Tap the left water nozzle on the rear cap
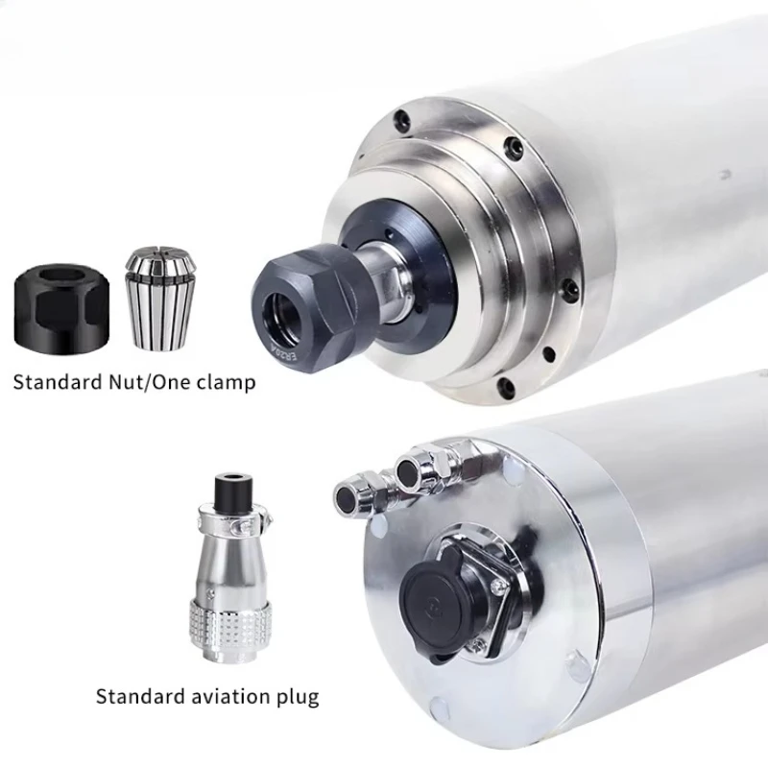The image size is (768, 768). [x=347, y=495]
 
